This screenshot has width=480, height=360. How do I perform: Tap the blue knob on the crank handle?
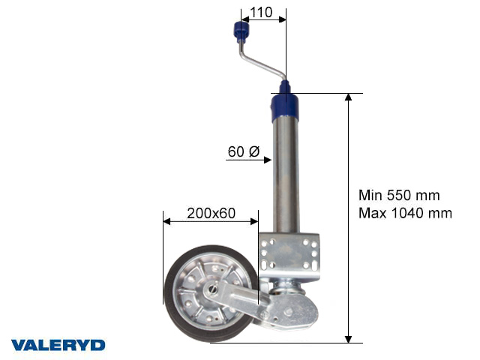241,31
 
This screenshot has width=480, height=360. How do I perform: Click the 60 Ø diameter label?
243,152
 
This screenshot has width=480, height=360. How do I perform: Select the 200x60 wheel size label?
211,214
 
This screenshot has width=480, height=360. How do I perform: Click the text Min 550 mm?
398,196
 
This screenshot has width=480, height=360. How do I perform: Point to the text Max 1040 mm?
405,213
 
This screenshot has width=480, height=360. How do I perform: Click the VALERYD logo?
58,345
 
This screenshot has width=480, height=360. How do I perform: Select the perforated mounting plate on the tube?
289,252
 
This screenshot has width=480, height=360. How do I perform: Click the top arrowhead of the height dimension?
348,97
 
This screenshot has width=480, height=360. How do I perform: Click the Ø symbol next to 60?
253,152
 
